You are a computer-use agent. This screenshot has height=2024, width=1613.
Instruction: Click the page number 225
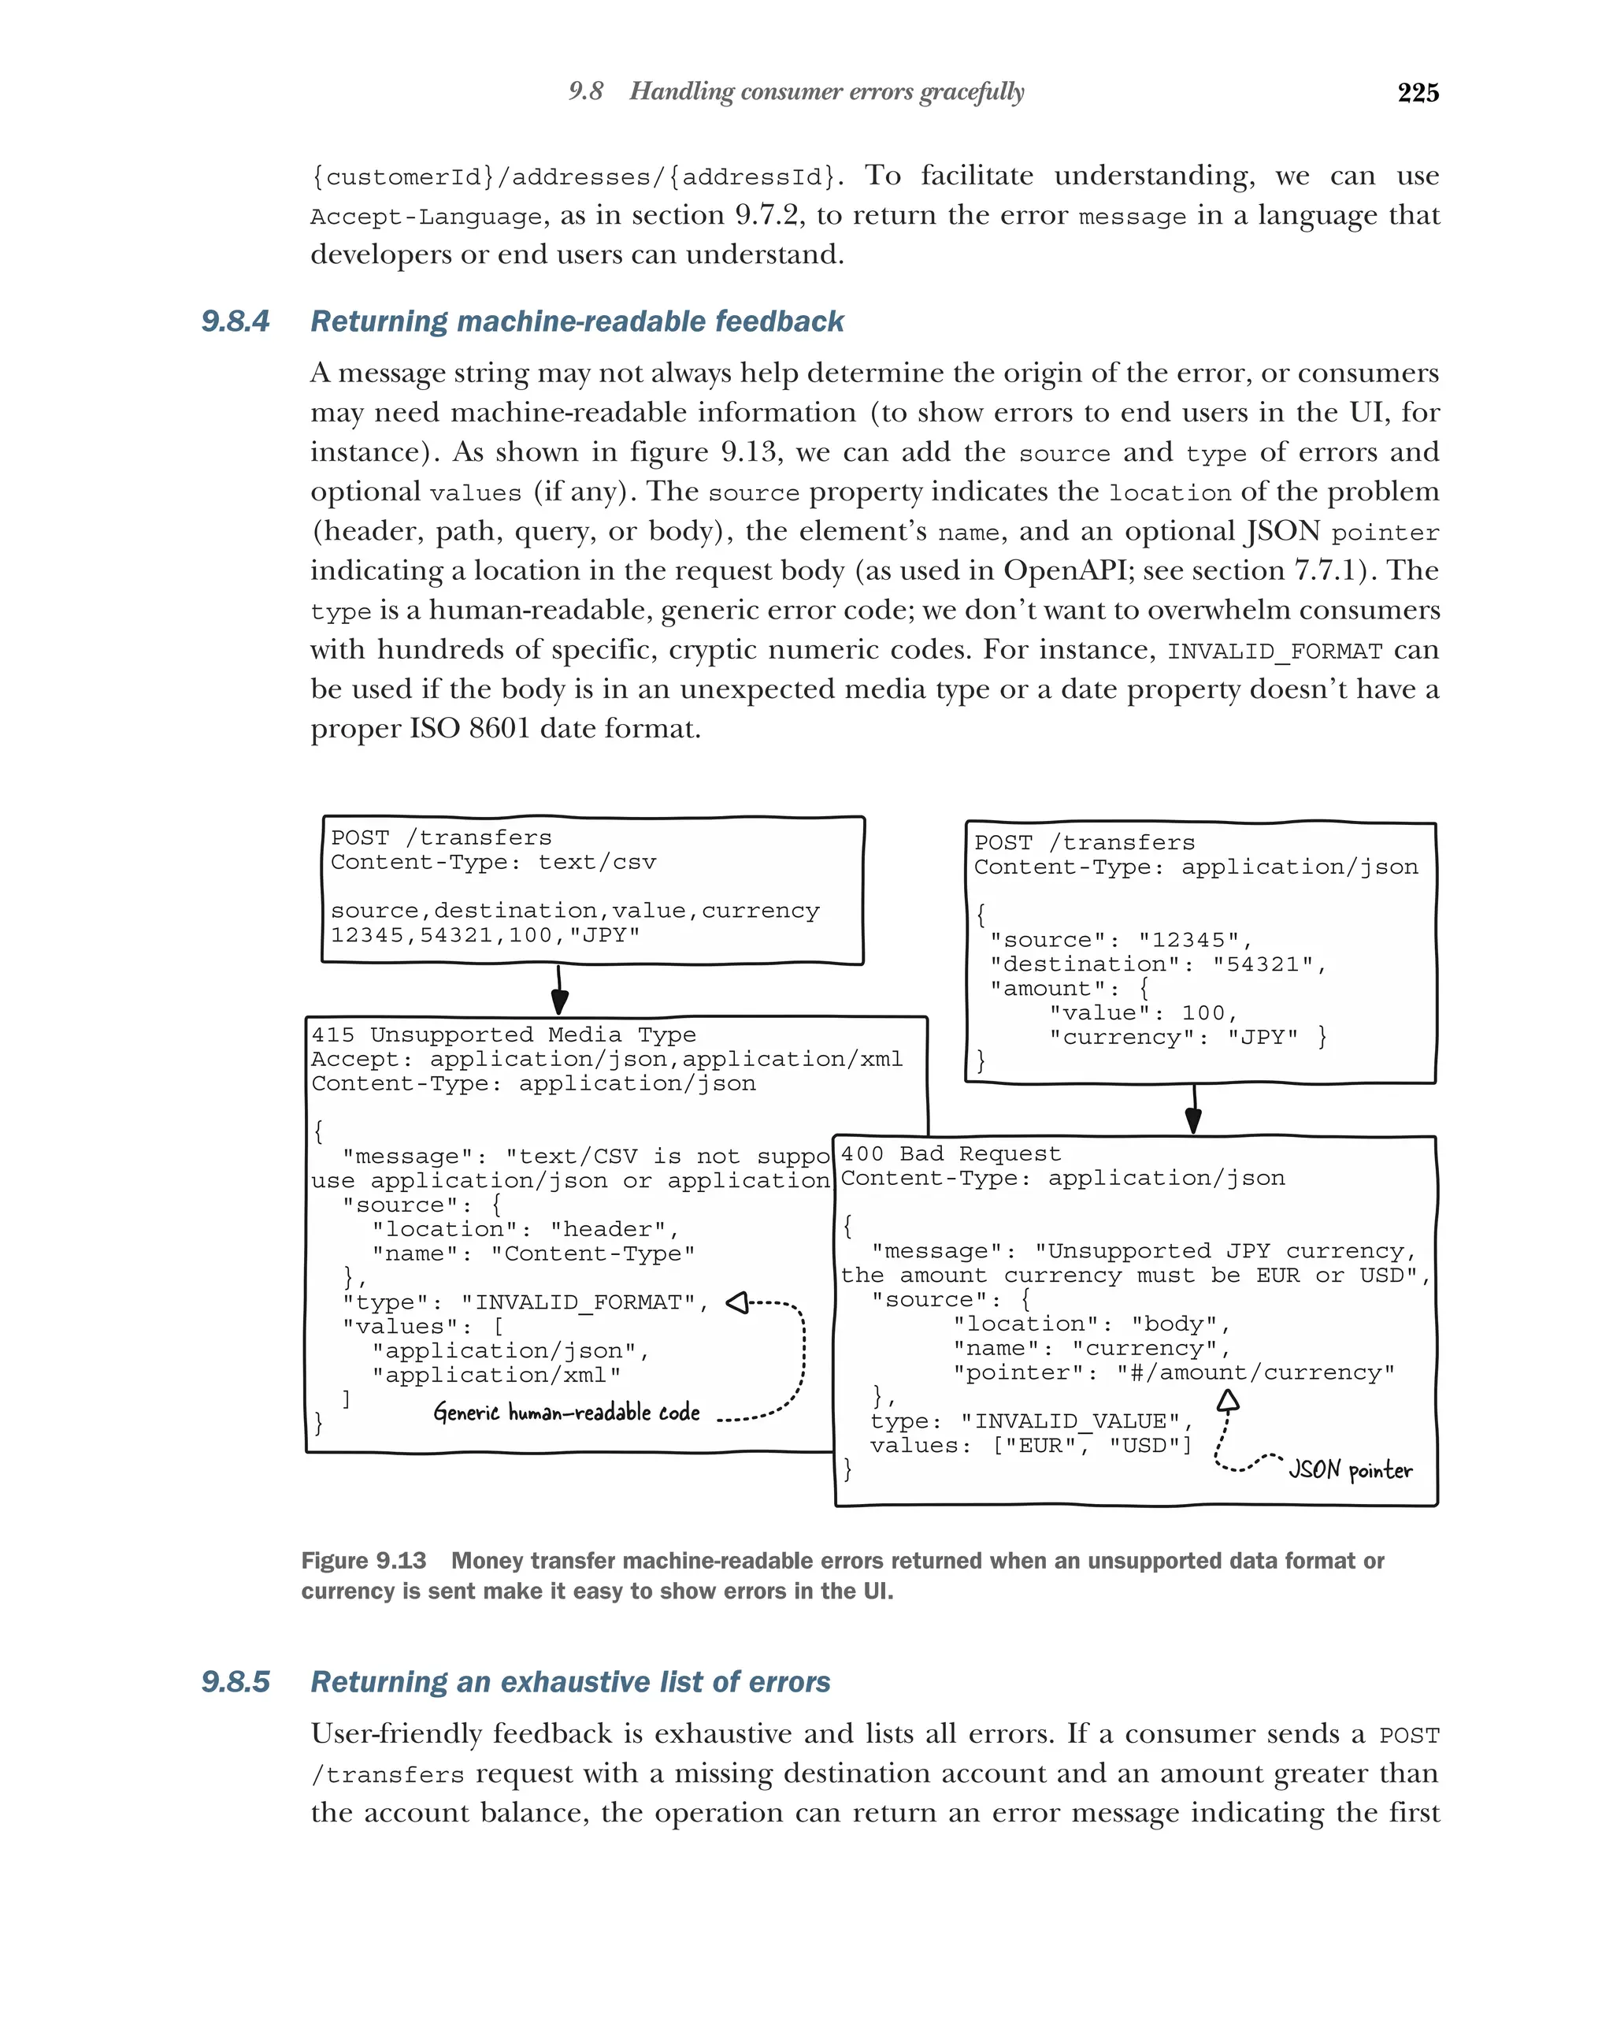(x=1417, y=92)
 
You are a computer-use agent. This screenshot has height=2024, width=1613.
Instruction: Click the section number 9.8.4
(x=235, y=321)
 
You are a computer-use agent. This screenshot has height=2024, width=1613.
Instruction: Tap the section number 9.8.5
(x=235, y=1681)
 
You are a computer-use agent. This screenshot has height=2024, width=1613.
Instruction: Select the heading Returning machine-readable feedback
(x=577, y=321)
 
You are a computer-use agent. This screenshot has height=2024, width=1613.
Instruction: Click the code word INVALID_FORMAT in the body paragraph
(x=1274, y=652)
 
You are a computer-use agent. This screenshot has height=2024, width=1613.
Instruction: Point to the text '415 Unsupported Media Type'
(x=503, y=1034)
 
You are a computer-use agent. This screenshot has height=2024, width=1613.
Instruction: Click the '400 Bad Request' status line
(x=950, y=1153)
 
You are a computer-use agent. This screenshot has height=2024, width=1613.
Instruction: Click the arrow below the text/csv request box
(x=559, y=990)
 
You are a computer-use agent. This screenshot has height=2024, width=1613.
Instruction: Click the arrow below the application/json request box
(x=1193, y=1109)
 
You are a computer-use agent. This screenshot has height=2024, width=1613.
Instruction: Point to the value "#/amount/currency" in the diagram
(x=1255, y=1372)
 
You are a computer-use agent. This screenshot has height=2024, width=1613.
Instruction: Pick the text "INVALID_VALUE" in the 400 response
(x=1077, y=1421)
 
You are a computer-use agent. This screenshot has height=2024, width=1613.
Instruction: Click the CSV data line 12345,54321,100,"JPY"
(x=484, y=935)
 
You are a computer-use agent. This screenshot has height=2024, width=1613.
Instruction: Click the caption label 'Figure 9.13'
(x=363, y=1560)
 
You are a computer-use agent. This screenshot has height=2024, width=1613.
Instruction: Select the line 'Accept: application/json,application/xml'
(x=606, y=1059)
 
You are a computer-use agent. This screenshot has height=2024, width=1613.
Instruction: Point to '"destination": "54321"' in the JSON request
(x=1158, y=964)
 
